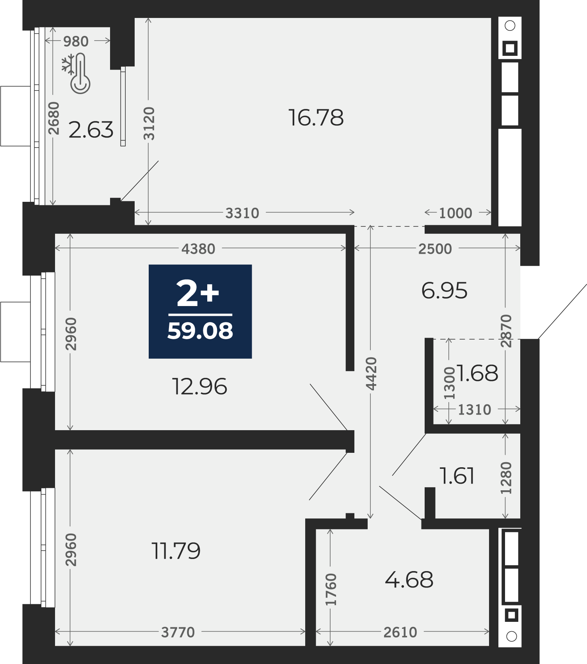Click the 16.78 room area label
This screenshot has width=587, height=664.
point(316,117)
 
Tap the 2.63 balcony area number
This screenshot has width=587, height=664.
point(91,130)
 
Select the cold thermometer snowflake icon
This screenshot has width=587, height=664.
point(76,74)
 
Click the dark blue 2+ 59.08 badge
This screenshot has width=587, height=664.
point(200,312)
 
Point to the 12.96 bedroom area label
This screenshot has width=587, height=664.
point(199,386)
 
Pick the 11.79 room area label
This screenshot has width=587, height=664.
point(176,551)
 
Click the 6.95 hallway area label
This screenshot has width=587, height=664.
point(444,291)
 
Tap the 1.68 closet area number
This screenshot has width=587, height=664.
point(477,373)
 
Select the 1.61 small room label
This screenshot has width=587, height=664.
point(457,476)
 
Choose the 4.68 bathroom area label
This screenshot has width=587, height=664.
point(409,580)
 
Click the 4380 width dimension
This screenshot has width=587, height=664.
point(198,249)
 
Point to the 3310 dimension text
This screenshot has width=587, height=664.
point(242,213)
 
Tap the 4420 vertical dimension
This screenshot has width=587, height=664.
point(372,374)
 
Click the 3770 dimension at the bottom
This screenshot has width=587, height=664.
point(178,632)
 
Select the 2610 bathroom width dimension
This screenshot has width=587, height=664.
point(400,632)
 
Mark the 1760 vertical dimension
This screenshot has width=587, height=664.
point(331,589)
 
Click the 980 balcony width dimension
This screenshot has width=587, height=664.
point(76,41)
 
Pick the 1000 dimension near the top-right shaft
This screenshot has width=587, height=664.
point(455,213)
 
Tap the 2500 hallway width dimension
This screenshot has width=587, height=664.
point(435,249)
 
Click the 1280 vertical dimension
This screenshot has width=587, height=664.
point(506,478)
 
